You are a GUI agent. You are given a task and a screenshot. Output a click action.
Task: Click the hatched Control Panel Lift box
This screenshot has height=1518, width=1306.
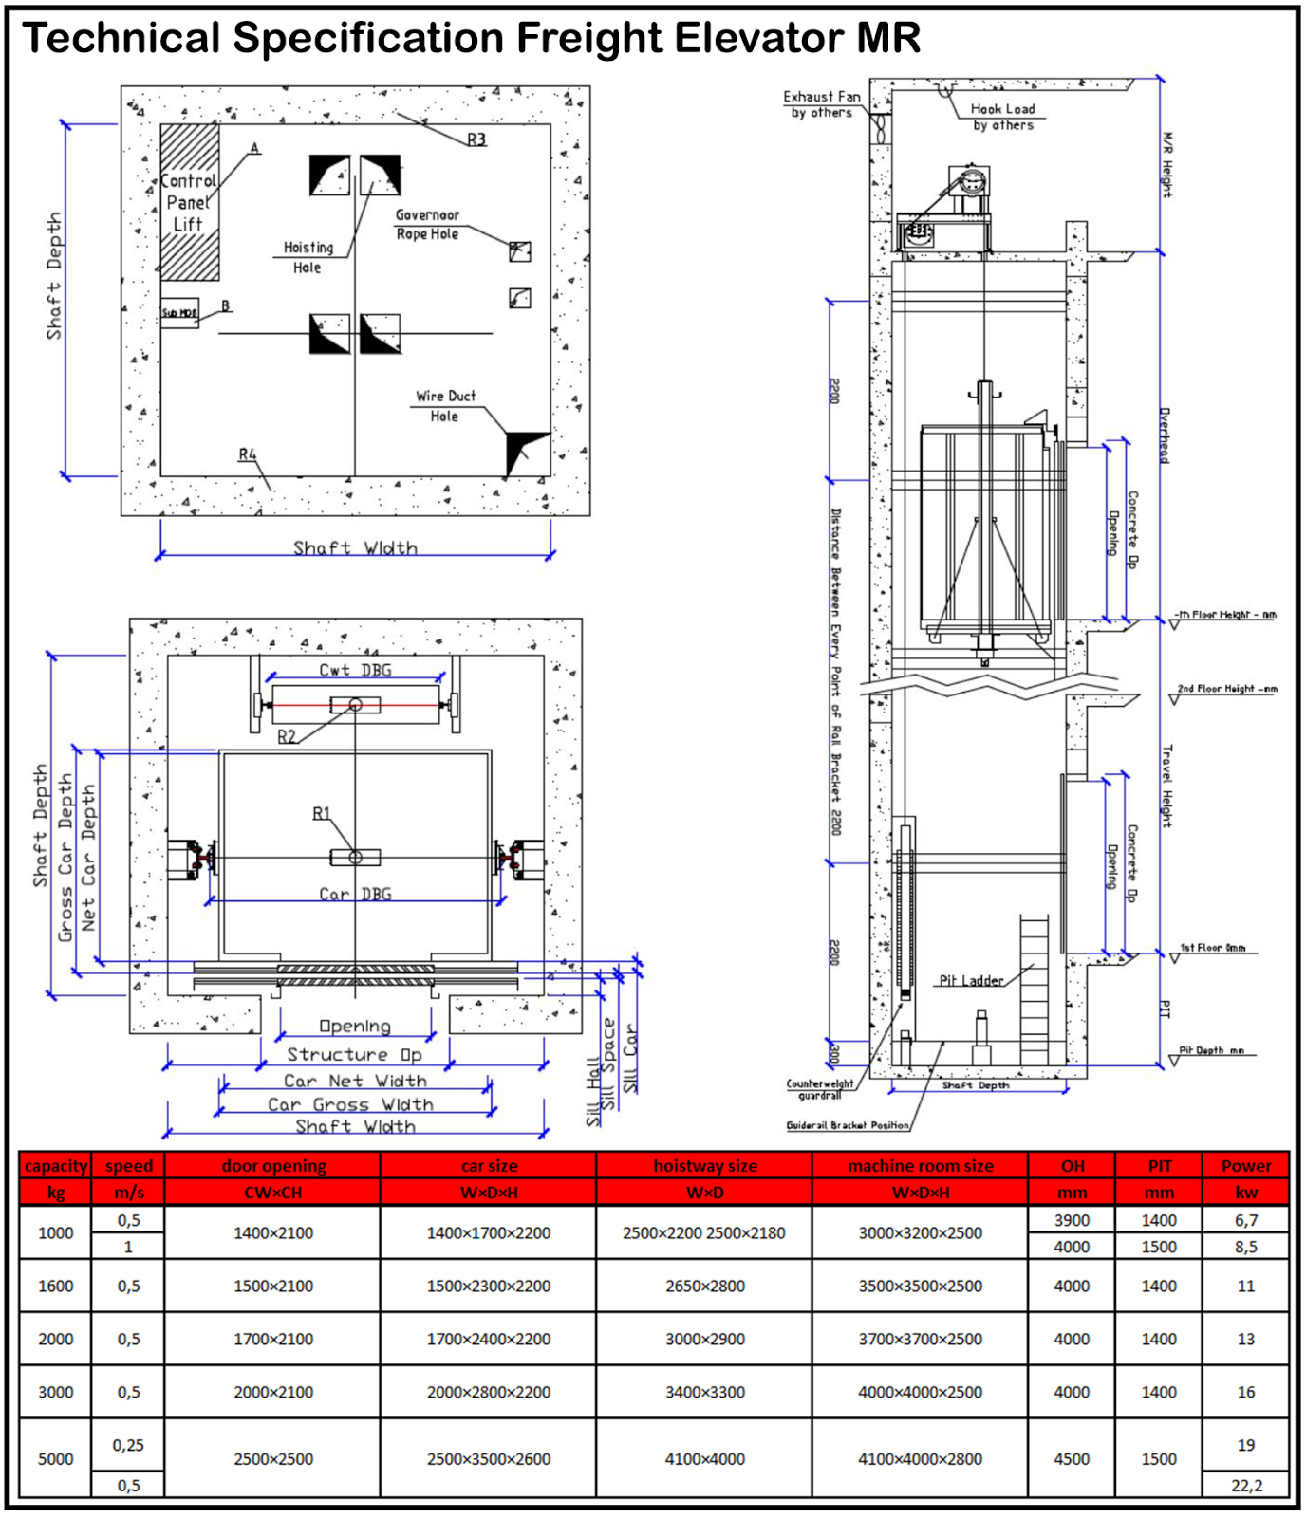189,201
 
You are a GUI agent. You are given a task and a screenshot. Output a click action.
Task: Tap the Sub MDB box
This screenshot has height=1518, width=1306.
178,313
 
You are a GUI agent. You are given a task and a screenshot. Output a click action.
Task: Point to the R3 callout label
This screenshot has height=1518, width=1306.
476,139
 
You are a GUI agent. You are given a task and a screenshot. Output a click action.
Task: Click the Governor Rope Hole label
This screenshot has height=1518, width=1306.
427,225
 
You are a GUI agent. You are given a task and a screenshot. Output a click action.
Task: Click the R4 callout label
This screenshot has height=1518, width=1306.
248,454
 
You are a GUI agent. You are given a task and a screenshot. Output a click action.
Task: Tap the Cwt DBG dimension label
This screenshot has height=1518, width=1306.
355,670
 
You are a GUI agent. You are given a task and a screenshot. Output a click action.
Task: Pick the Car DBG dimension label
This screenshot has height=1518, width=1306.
355,894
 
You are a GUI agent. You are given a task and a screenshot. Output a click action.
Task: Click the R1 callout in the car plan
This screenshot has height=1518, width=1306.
322,813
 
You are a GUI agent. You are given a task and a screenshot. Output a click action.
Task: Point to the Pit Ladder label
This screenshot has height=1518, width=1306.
971,980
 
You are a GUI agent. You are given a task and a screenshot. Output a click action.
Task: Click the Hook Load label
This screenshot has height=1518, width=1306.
1003,117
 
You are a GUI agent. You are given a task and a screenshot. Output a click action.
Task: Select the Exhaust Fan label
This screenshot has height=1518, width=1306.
822,104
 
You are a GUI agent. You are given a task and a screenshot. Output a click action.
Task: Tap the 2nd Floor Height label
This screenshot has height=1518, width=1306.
1226,689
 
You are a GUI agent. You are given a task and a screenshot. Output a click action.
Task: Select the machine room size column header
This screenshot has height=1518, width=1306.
920,1165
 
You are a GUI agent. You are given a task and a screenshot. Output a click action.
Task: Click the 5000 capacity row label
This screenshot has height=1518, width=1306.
55,1458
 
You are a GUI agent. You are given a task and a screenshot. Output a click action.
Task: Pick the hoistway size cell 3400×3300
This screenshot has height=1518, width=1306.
704,1392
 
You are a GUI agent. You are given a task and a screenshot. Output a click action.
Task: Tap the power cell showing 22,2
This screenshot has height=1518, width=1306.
1246,1485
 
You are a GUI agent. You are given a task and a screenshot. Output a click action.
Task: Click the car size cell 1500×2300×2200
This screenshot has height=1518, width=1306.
488,1286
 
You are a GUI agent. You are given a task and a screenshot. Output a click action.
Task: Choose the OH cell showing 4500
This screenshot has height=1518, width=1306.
1072,1458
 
